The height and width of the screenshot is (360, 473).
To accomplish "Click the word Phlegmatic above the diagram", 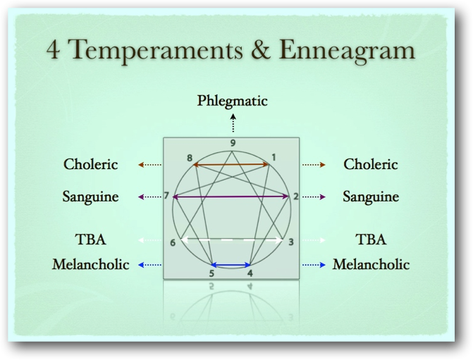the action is [x=233, y=101].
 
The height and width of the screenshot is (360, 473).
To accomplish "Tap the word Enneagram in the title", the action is [x=348, y=50].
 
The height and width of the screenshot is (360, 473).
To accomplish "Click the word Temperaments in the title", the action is [x=156, y=51].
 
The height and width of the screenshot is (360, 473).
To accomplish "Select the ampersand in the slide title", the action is [x=260, y=49].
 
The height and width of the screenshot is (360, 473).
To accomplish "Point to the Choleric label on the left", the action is [x=90, y=164].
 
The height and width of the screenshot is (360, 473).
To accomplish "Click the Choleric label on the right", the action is [x=371, y=164].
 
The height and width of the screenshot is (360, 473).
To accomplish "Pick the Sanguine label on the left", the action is [x=90, y=197].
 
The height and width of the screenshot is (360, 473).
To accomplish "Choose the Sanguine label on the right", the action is [x=371, y=197].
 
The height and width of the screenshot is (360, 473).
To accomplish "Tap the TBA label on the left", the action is [x=90, y=240].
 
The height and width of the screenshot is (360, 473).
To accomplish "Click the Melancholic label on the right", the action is [x=371, y=264].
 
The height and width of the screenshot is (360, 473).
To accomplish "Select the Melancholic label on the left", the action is [x=90, y=264].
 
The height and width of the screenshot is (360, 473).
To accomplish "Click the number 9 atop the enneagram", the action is [x=233, y=143].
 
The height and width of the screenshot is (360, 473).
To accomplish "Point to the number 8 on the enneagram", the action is [x=190, y=158].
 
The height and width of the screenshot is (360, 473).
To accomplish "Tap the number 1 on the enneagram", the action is [x=274, y=157].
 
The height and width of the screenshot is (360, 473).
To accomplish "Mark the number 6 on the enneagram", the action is [x=173, y=243].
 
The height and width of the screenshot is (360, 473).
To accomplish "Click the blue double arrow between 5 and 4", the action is [x=231, y=266].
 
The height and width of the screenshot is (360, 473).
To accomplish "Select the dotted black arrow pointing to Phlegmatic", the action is [x=233, y=123].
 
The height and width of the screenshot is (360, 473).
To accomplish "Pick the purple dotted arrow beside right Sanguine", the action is [x=314, y=197].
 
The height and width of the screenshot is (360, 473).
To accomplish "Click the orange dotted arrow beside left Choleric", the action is [x=150, y=165].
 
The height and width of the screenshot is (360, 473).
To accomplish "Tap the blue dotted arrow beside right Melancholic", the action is [x=314, y=265].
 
